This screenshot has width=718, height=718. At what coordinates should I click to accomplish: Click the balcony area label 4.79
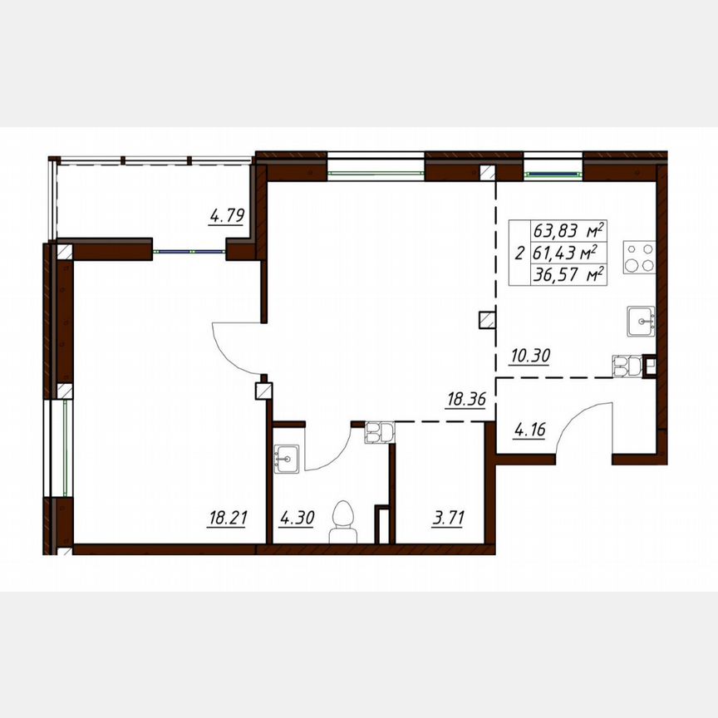[226, 218]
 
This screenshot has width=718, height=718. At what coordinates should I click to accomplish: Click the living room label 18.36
[465, 400]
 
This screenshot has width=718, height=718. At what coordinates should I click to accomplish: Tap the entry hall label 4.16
[529, 431]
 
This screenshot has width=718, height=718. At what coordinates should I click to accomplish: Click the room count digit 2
[519, 253]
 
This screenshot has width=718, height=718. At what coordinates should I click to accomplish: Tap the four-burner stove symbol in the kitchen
[641, 258]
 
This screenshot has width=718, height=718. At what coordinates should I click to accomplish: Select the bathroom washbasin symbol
[288, 458]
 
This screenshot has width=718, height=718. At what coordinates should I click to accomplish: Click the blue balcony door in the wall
[189, 251]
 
